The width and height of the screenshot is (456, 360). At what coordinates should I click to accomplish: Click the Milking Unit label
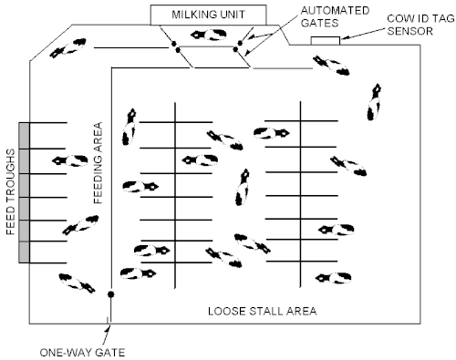pyautogui.click(x=208, y=15)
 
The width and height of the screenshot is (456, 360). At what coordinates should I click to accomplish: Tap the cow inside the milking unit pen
pyautogui.click(x=209, y=35)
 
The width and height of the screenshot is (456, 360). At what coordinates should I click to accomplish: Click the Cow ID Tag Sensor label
pyautogui.click(x=420, y=25)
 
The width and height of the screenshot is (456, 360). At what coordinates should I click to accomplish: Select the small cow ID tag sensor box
pyautogui.click(x=326, y=41)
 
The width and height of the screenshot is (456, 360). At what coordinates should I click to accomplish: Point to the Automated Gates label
pyautogui.click(x=335, y=16)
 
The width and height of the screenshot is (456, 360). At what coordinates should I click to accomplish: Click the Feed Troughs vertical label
pyautogui.click(x=11, y=191)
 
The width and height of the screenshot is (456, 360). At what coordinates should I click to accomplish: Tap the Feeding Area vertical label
pyautogui.click(x=98, y=162)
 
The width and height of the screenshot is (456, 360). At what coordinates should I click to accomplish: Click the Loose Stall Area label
pyautogui.click(x=263, y=311)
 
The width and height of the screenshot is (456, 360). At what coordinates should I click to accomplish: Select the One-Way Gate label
pyautogui.click(x=82, y=353)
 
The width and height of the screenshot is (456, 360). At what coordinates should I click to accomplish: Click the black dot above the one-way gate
pyautogui.click(x=111, y=294)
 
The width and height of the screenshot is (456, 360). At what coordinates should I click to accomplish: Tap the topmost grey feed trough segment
pyautogui.click(x=24, y=136)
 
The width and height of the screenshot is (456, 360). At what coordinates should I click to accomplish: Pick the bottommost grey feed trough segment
pyautogui.click(x=24, y=252)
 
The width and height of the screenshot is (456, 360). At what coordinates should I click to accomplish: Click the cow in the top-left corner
pyautogui.click(x=67, y=48)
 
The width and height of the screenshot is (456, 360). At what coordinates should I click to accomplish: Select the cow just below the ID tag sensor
pyautogui.click(x=331, y=66)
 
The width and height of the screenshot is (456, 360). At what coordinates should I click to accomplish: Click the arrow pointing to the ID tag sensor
pyautogui.click(x=363, y=34)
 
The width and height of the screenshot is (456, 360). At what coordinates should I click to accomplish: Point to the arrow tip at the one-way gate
pyautogui.click(x=109, y=325)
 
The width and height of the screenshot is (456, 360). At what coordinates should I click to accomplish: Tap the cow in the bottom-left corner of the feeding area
pyautogui.click(x=77, y=283)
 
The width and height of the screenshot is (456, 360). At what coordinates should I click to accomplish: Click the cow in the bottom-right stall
pyautogui.click(x=334, y=278)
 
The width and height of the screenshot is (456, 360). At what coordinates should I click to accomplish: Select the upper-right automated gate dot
pyautogui.click(x=240, y=43)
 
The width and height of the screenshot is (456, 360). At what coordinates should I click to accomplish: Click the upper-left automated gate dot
pyautogui.click(x=174, y=44)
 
